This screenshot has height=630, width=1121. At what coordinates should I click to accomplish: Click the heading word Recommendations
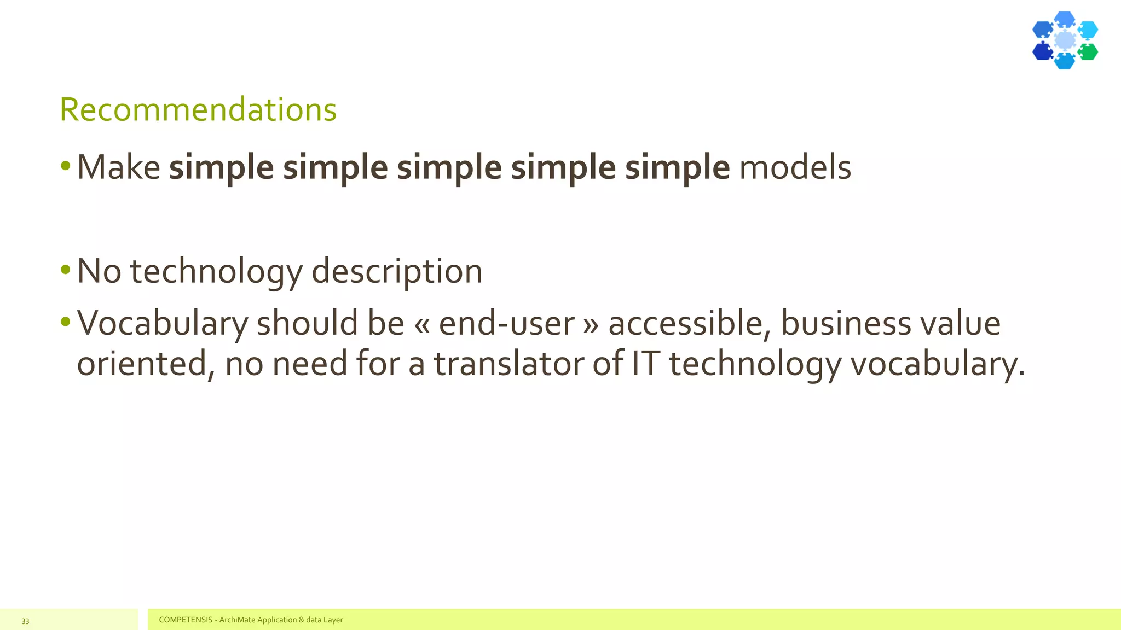(x=198, y=109)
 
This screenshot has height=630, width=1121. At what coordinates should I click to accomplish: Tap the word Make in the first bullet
(x=118, y=167)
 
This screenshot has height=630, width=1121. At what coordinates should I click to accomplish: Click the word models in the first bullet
(x=795, y=167)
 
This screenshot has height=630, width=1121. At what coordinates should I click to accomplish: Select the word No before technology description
(x=99, y=271)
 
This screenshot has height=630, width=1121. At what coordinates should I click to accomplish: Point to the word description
(x=396, y=272)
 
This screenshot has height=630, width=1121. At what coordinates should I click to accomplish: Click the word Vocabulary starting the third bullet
(x=163, y=323)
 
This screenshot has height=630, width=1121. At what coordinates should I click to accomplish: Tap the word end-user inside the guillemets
(x=506, y=323)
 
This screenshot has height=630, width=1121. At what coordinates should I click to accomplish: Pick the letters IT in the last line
(x=645, y=364)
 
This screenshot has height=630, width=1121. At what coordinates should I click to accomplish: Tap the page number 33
(x=25, y=621)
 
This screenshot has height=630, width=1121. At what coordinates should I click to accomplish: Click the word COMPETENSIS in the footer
(x=186, y=620)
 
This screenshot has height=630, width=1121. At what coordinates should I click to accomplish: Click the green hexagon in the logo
(x=1088, y=52)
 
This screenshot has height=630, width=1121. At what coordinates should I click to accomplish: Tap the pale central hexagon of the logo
(x=1065, y=40)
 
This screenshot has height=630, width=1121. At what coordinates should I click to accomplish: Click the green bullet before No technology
(x=66, y=269)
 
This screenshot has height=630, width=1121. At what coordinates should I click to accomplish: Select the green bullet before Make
(x=66, y=165)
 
